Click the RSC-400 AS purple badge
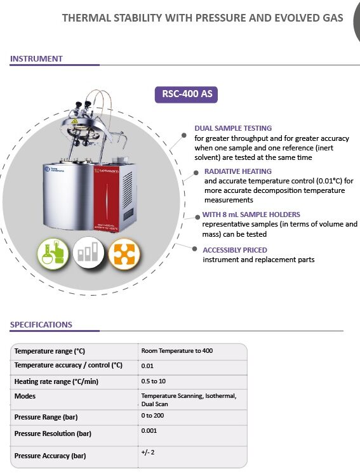point(187,95)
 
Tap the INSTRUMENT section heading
point(36,58)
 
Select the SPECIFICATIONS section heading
point(41,324)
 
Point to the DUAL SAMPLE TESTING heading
point(233,128)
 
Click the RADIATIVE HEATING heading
point(237,171)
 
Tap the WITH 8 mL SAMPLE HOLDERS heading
point(251,215)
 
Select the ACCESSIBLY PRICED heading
point(235,250)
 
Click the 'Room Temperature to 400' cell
point(177,351)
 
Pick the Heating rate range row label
point(57,381)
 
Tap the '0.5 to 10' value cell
point(154,381)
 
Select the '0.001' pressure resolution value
point(150,432)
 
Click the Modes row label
point(25,396)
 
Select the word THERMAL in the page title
point(84,18)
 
